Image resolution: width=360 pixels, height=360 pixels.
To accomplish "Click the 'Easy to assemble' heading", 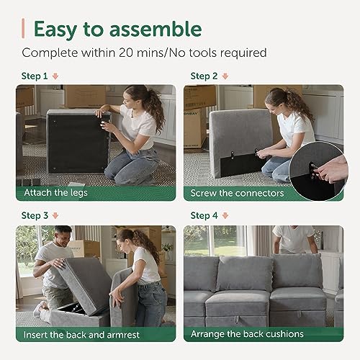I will pyautogui.click(x=117, y=30).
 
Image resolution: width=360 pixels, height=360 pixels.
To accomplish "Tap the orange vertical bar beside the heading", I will pyautogui.click(x=24, y=29).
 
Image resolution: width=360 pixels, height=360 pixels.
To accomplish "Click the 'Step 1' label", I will pyautogui.click(x=35, y=76).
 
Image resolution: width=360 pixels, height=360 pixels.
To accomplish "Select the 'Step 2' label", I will pyautogui.click(x=204, y=76).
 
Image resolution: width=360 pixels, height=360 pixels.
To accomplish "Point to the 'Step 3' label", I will pyautogui.click(x=35, y=215).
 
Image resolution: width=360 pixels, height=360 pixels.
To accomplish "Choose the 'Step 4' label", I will pyautogui.click(x=204, y=215).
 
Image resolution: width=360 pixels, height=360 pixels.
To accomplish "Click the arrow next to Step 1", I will pyautogui.click(x=55, y=76).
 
